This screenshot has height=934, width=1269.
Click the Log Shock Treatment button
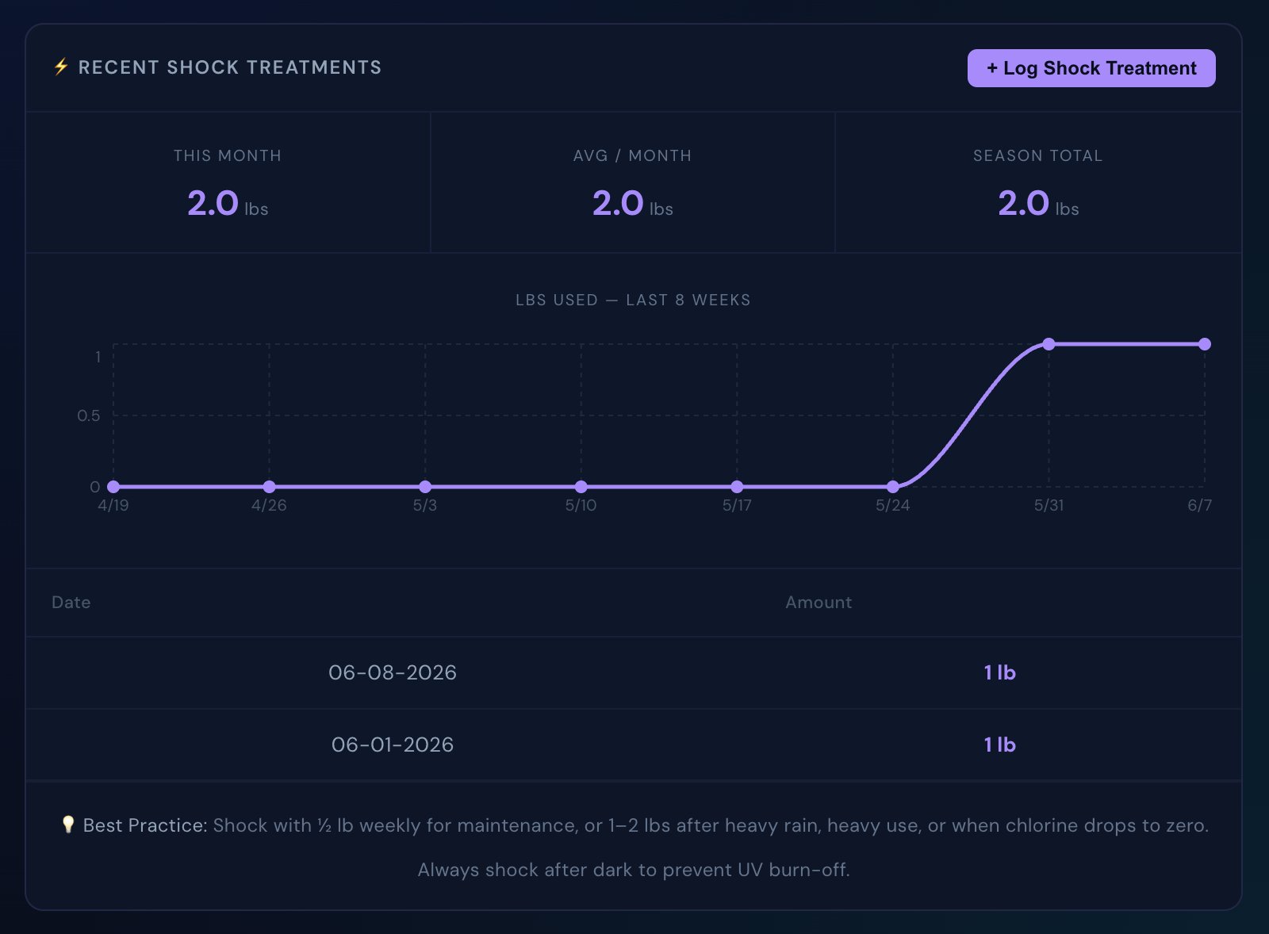point(1091,68)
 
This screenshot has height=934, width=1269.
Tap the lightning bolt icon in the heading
point(60,67)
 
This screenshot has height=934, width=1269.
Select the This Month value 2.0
point(213,203)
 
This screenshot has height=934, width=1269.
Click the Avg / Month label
point(632,155)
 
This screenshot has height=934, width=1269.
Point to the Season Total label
point(1038,155)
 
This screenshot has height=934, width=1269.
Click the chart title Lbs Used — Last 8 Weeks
point(633,300)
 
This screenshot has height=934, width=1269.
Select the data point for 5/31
point(1049,344)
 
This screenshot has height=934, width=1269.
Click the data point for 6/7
point(1205,344)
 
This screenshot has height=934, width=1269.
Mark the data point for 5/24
point(893,487)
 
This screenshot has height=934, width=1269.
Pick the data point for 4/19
point(113,487)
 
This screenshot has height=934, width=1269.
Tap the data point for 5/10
point(581,487)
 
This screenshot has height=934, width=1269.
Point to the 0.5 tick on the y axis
point(88,415)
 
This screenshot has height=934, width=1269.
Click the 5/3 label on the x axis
point(425,505)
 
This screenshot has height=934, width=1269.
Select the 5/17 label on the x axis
point(737,505)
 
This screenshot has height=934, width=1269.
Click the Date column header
point(71,602)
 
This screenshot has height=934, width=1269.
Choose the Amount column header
point(819,602)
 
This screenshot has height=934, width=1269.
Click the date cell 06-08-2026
point(393,673)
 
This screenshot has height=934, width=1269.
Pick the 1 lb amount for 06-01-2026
point(1000,745)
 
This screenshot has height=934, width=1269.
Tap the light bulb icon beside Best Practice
point(68,825)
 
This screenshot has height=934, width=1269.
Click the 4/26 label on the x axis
point(269,505)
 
